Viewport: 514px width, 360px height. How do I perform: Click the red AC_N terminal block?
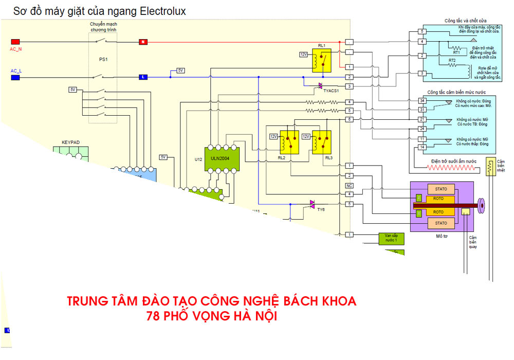15,42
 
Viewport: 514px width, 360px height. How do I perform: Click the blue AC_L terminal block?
15,77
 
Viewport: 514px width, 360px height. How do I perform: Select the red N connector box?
143,42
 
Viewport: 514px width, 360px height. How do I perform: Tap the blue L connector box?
143,77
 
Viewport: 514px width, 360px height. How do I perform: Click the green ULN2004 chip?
221,155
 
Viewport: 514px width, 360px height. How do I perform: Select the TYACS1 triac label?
331,91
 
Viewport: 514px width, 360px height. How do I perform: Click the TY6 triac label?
321,209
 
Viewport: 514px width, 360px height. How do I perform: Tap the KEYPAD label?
70,141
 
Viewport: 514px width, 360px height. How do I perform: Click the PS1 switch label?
103,60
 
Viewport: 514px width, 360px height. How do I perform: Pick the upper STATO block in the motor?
440,190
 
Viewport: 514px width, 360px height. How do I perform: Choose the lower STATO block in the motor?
440,223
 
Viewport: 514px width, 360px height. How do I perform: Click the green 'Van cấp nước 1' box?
391,238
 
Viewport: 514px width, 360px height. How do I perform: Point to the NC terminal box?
350,185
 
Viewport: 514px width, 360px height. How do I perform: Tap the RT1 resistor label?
456,52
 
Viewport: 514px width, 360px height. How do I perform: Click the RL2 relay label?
281,158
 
